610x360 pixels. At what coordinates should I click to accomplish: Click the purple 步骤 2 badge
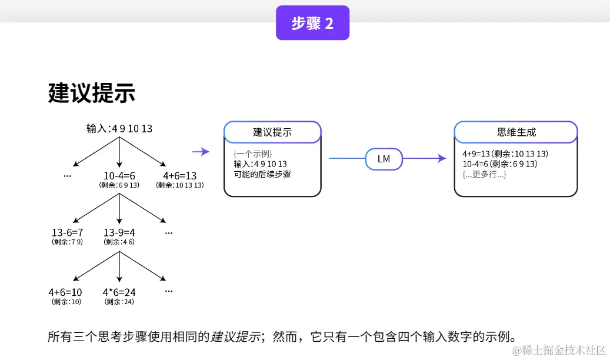coord(312,22)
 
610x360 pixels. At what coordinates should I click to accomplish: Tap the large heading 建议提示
coord(91,93)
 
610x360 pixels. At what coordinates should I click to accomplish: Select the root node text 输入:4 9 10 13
coord(119,128)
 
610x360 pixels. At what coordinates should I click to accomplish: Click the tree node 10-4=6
coord(119,175)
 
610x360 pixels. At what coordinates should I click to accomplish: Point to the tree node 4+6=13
coord(180,175)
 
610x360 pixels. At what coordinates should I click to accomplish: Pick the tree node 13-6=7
coord(67,232)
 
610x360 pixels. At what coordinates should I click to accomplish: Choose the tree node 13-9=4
coord(119,232)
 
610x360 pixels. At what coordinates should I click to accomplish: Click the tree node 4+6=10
coord(65,292)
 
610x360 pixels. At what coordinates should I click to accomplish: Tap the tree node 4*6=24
coord(119,292)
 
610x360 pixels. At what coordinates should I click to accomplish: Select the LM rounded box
coord(384,159)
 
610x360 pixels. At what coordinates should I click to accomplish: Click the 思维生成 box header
coord(516,132)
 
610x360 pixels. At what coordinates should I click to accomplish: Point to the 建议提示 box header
coord(272,132)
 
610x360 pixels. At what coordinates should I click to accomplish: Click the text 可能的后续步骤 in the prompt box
coord(262,174)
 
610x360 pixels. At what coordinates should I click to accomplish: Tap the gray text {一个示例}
coord(253,154)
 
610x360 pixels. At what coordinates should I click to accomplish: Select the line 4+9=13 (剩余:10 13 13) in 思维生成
coord(505,154)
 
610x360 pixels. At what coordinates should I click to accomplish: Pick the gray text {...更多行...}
coord(484,174)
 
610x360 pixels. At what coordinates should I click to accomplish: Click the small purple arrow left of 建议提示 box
coord(201,151)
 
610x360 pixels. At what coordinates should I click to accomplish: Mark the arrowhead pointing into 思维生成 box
coord(442,158)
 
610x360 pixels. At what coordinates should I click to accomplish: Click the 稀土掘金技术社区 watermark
coord(559,350)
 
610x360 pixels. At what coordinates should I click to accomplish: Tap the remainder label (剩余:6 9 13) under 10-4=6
coord(119,185)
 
